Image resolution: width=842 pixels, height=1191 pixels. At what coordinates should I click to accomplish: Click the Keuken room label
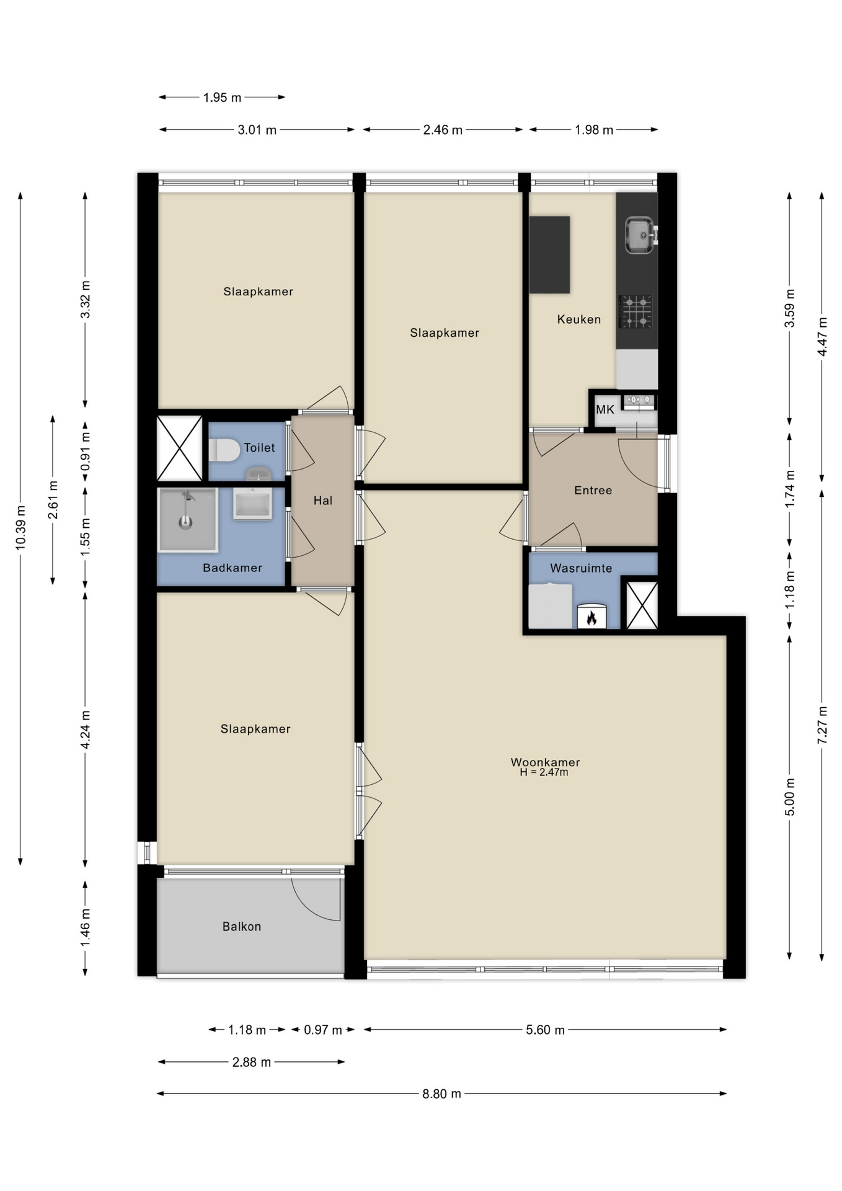[578, 319]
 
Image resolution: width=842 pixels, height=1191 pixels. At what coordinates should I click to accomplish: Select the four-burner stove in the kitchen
[636, 311]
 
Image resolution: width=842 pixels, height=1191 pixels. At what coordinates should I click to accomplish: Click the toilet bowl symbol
[224, 450]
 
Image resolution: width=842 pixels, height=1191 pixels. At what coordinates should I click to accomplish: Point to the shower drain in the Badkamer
[185, 523]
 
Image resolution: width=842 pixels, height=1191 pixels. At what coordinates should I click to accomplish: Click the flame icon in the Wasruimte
[591, 617]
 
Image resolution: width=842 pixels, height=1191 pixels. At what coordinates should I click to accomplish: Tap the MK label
[605, 409]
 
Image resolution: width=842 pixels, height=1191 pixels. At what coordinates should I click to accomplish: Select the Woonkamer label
[545, 762]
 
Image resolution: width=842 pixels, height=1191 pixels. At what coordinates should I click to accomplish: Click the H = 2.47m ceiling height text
[544, 772]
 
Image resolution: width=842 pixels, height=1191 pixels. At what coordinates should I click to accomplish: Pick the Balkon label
[242, 926]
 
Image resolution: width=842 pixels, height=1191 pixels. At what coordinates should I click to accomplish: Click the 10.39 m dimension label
[21, 527]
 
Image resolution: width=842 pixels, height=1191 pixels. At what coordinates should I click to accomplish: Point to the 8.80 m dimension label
[441, 1094]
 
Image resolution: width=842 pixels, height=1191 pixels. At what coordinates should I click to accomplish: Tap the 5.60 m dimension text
[545, 1030]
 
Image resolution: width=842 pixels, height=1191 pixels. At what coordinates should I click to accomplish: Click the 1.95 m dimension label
[222, 97]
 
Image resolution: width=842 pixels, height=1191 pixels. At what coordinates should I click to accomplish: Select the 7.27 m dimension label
[822, 725]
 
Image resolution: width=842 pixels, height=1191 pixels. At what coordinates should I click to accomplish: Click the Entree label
[593, 490]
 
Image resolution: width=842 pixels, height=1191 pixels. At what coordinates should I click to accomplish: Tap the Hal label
[322, 500]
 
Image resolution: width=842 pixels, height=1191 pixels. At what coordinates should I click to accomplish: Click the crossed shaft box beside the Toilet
[179, 448]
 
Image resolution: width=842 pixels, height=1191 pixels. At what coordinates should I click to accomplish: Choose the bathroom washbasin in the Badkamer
[252, 503]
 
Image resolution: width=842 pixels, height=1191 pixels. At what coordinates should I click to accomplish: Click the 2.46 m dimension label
[443, 130]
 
